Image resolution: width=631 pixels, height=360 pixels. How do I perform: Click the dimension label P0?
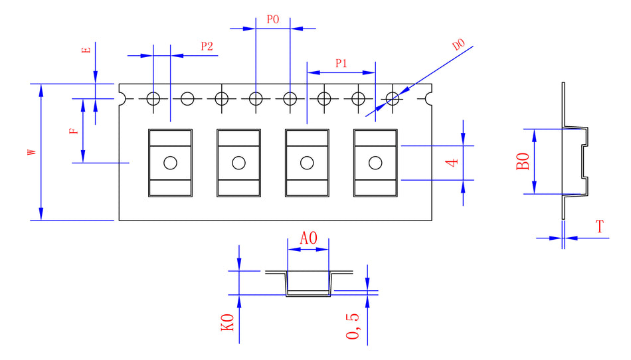pos(272,20)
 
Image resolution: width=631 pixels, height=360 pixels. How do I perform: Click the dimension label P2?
pos(207,46)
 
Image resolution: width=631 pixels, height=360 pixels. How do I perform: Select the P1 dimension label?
pos(341,64)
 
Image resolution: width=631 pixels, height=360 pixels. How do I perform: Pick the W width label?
pos(31,152)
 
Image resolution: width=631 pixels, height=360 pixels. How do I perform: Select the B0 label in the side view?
pos(523,161)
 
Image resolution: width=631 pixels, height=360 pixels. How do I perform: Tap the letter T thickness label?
pos(600,226)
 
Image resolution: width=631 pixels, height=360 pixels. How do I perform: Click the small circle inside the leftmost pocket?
pos(170,162)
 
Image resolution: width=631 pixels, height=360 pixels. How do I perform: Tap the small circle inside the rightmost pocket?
pos(375,162)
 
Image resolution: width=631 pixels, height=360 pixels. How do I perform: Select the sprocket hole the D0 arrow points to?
pos(392,99)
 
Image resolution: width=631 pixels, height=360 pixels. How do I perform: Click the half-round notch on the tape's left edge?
pos(122,98)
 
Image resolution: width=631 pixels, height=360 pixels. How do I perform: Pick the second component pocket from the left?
pos(238,162)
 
